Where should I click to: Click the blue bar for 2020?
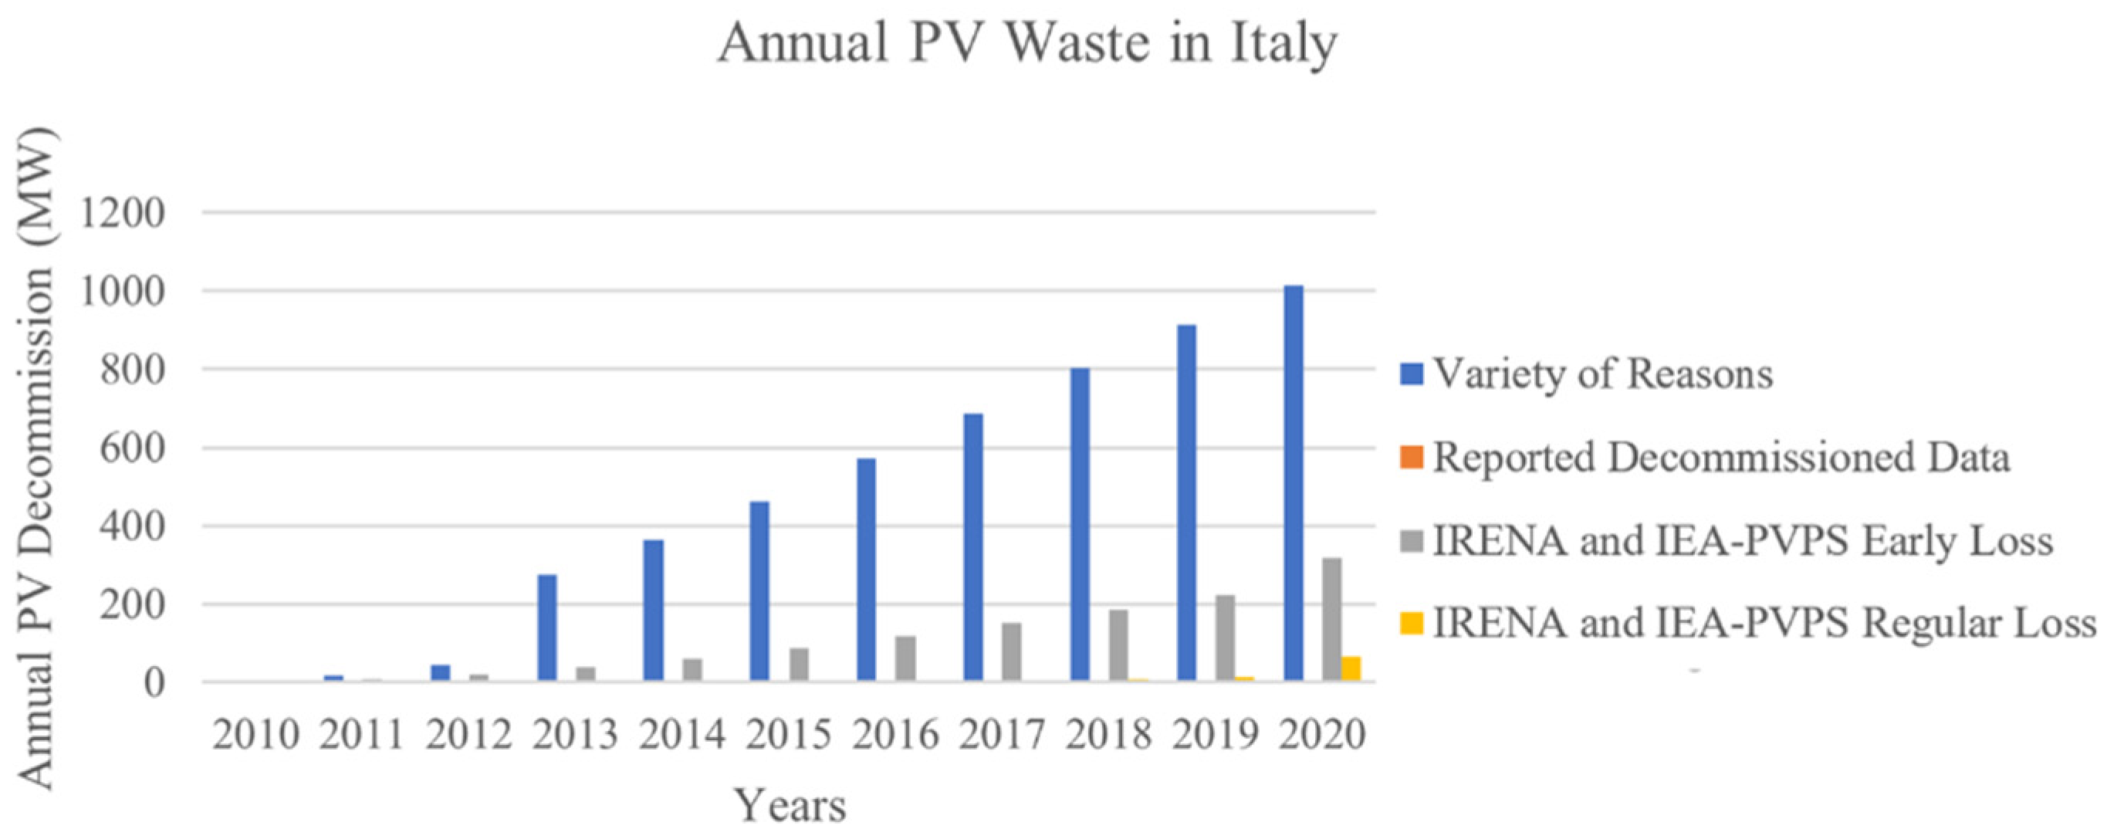click(1294, 482)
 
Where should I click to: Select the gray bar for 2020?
click(1331, 619)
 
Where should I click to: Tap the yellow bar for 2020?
click(1351, 668)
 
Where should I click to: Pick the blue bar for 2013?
click(547, 628)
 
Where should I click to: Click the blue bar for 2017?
click(973, 547)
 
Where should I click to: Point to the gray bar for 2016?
click(905, 658)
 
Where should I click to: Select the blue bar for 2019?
click(1187, 503)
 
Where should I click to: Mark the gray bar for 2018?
click(1118, 645)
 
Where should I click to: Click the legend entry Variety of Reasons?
click(1602, 374)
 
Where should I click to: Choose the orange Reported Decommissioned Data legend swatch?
click(1412, 456)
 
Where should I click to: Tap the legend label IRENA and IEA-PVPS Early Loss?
click(1743, 540)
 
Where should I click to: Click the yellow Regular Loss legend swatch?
click(1412, 624)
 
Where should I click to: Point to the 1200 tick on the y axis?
click(123, 215)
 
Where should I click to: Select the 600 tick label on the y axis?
click(123, 449)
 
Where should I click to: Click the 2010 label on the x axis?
click(256, 734)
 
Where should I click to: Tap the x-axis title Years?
click(790, 806)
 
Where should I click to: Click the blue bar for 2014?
click(654, 610)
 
